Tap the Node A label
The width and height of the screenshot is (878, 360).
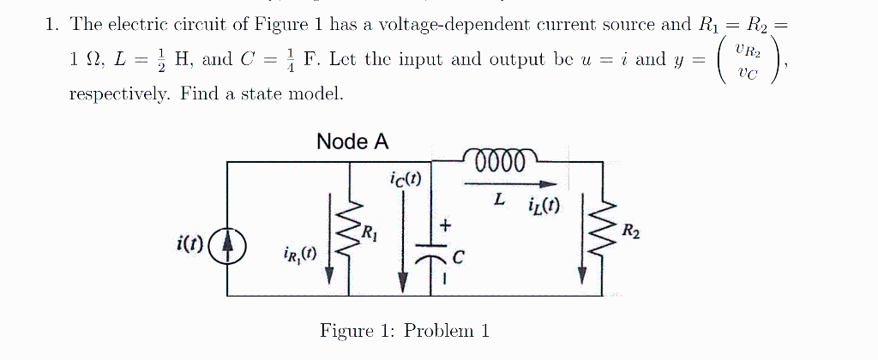[352, 141]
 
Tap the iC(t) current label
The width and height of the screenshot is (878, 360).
[404, 179]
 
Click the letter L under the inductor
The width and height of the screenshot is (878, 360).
[498, 200]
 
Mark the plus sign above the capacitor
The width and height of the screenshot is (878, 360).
[445, 225]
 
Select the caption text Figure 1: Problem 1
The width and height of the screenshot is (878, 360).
[404, 331]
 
